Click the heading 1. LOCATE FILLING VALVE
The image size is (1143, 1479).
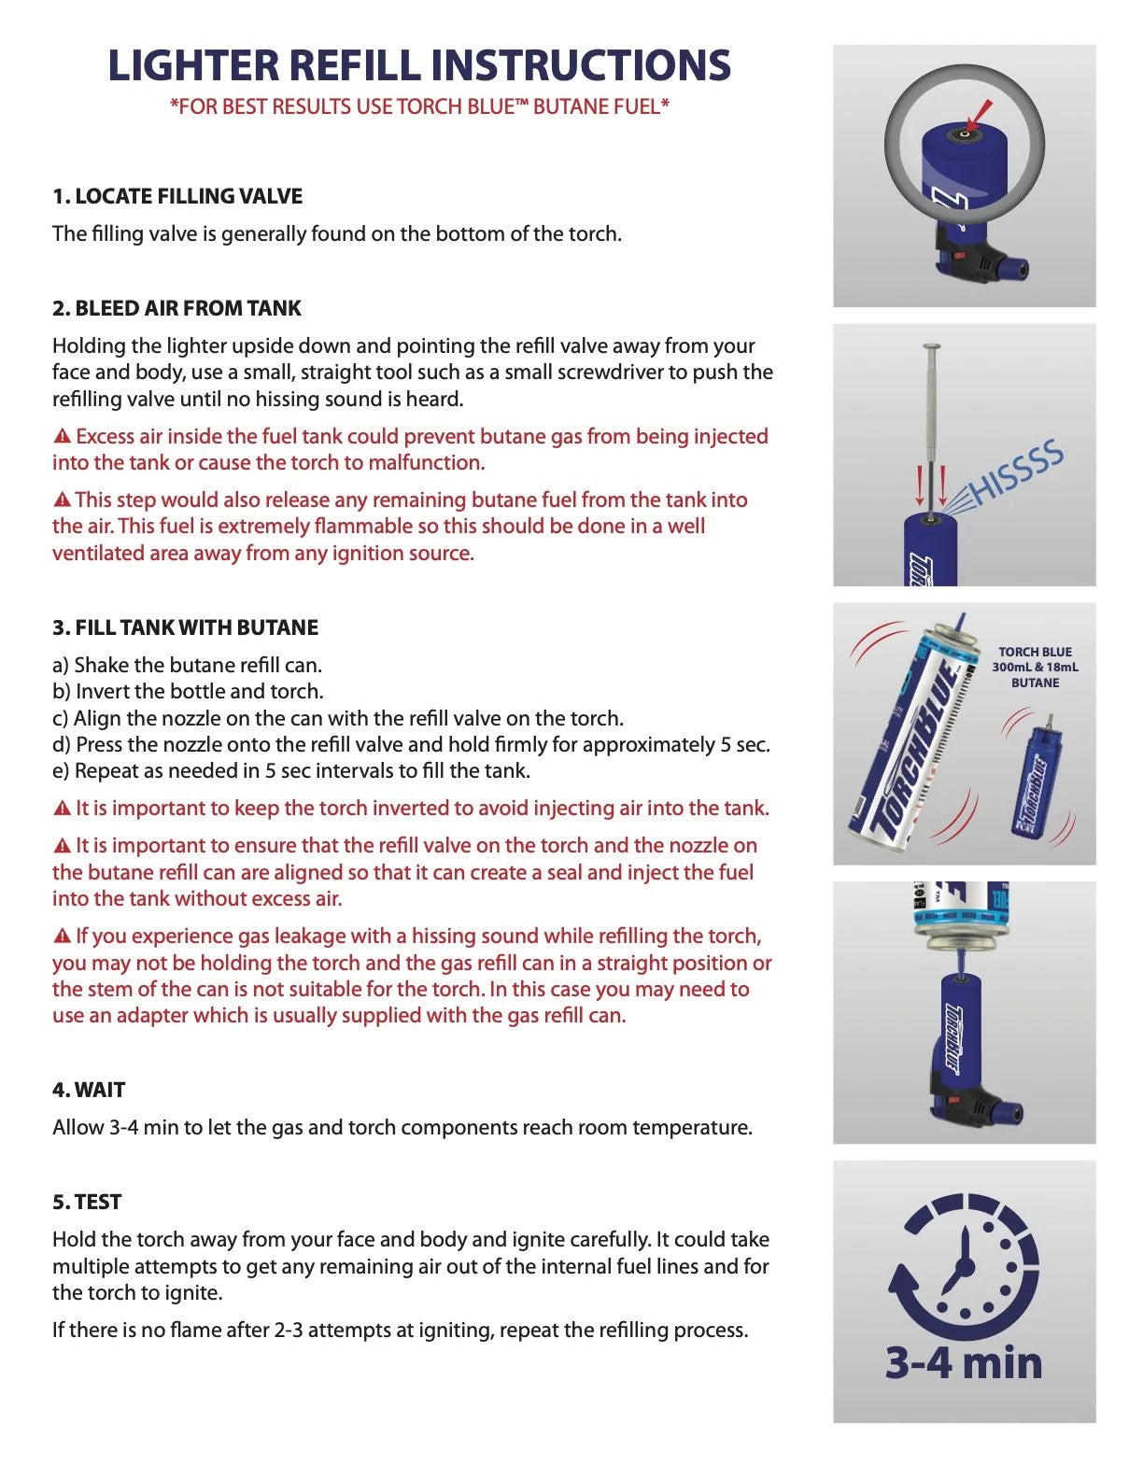tap(177, 196)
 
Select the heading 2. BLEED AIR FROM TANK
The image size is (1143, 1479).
tap(177, 308)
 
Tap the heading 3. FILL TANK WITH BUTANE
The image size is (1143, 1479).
tap(185, 627)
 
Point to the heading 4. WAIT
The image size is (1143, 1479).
tap(89, 1090)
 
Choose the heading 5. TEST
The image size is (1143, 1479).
tap(87, 1202)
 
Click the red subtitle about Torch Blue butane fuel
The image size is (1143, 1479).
tap(419, 106)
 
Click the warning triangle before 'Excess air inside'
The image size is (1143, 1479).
tap(63, 436)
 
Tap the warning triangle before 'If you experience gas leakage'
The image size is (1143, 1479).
tap(63, 936)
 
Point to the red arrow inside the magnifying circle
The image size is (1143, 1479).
tap(980, 116)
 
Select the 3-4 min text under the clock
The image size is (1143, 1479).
tap(964, 1362)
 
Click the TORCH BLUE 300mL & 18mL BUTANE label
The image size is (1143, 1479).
tap(1035, 667)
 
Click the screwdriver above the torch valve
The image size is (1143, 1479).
tap(931, 420)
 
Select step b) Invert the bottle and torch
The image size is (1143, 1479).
tap(188, 692)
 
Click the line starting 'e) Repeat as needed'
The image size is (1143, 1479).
tap(291, 771)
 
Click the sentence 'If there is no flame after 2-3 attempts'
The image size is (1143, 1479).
tap(400, 1330)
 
